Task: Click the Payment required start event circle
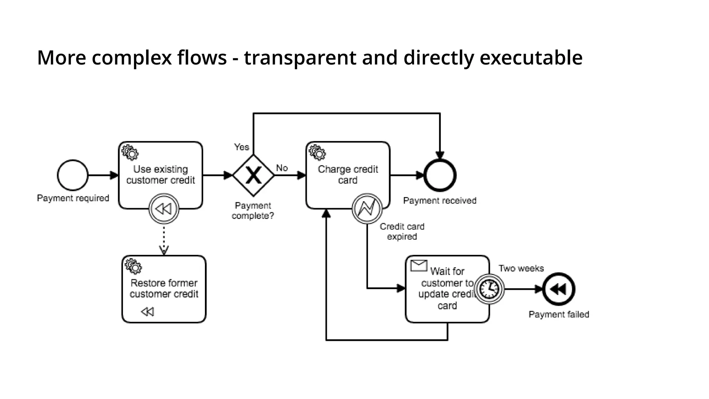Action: click(x=73, y=175)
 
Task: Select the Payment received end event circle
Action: click(x=440, y=175)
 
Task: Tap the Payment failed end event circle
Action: click(x=558, y=289)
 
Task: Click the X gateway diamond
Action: click(x=253, y=175)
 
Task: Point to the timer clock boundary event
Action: click(x=489, y=289)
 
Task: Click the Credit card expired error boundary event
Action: click(x=367, y=209)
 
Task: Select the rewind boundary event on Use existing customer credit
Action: click(x=164, y=209)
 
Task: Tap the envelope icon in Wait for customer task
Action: click(x=419, y=266)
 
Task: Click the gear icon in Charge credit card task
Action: click(x=317, y=152)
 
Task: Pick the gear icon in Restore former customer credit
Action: click(x=133, y=266)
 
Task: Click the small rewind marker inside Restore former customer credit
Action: click(x=147, y=312)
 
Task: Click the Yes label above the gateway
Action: click(x=241, y=147)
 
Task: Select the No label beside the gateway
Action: click(x=282, y=168)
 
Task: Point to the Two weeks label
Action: click(x=521, y=268)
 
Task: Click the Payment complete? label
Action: click(x=253, y=211)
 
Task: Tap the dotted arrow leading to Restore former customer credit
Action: click(x=164, y=239)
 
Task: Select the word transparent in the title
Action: click(x=300, y=57)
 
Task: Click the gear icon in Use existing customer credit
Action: click(x=130, y=152)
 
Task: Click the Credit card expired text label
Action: click(x=402, y=231)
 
